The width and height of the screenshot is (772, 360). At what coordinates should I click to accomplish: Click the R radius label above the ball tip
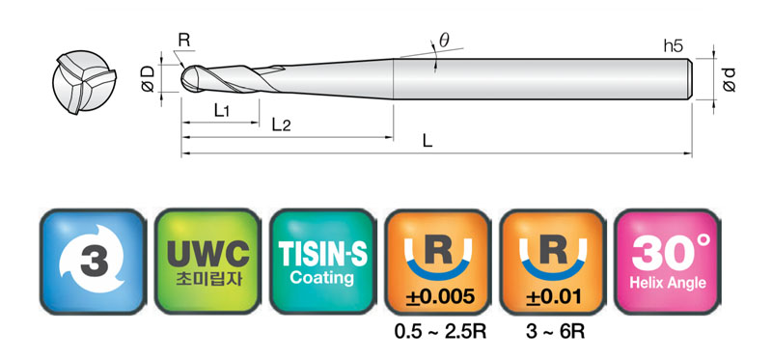click(x=183, y=41)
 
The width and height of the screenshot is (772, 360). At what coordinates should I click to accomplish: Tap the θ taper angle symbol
click(x=444, y=41)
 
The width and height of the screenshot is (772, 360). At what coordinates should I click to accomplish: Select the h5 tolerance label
click(x=673, y=46)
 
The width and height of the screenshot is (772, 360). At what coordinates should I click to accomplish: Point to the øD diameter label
click(x=148, y=79)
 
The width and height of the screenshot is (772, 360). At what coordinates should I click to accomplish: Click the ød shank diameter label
click(x=729, y=80)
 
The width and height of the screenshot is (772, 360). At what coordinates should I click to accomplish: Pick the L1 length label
click(x=222, y=111)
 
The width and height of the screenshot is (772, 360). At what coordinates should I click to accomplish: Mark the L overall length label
click(x=427, y=142)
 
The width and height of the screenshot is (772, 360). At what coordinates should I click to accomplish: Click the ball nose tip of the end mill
click(x=182, y=79)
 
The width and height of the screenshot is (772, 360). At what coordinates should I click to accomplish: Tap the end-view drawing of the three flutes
click(x=84, y=82)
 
